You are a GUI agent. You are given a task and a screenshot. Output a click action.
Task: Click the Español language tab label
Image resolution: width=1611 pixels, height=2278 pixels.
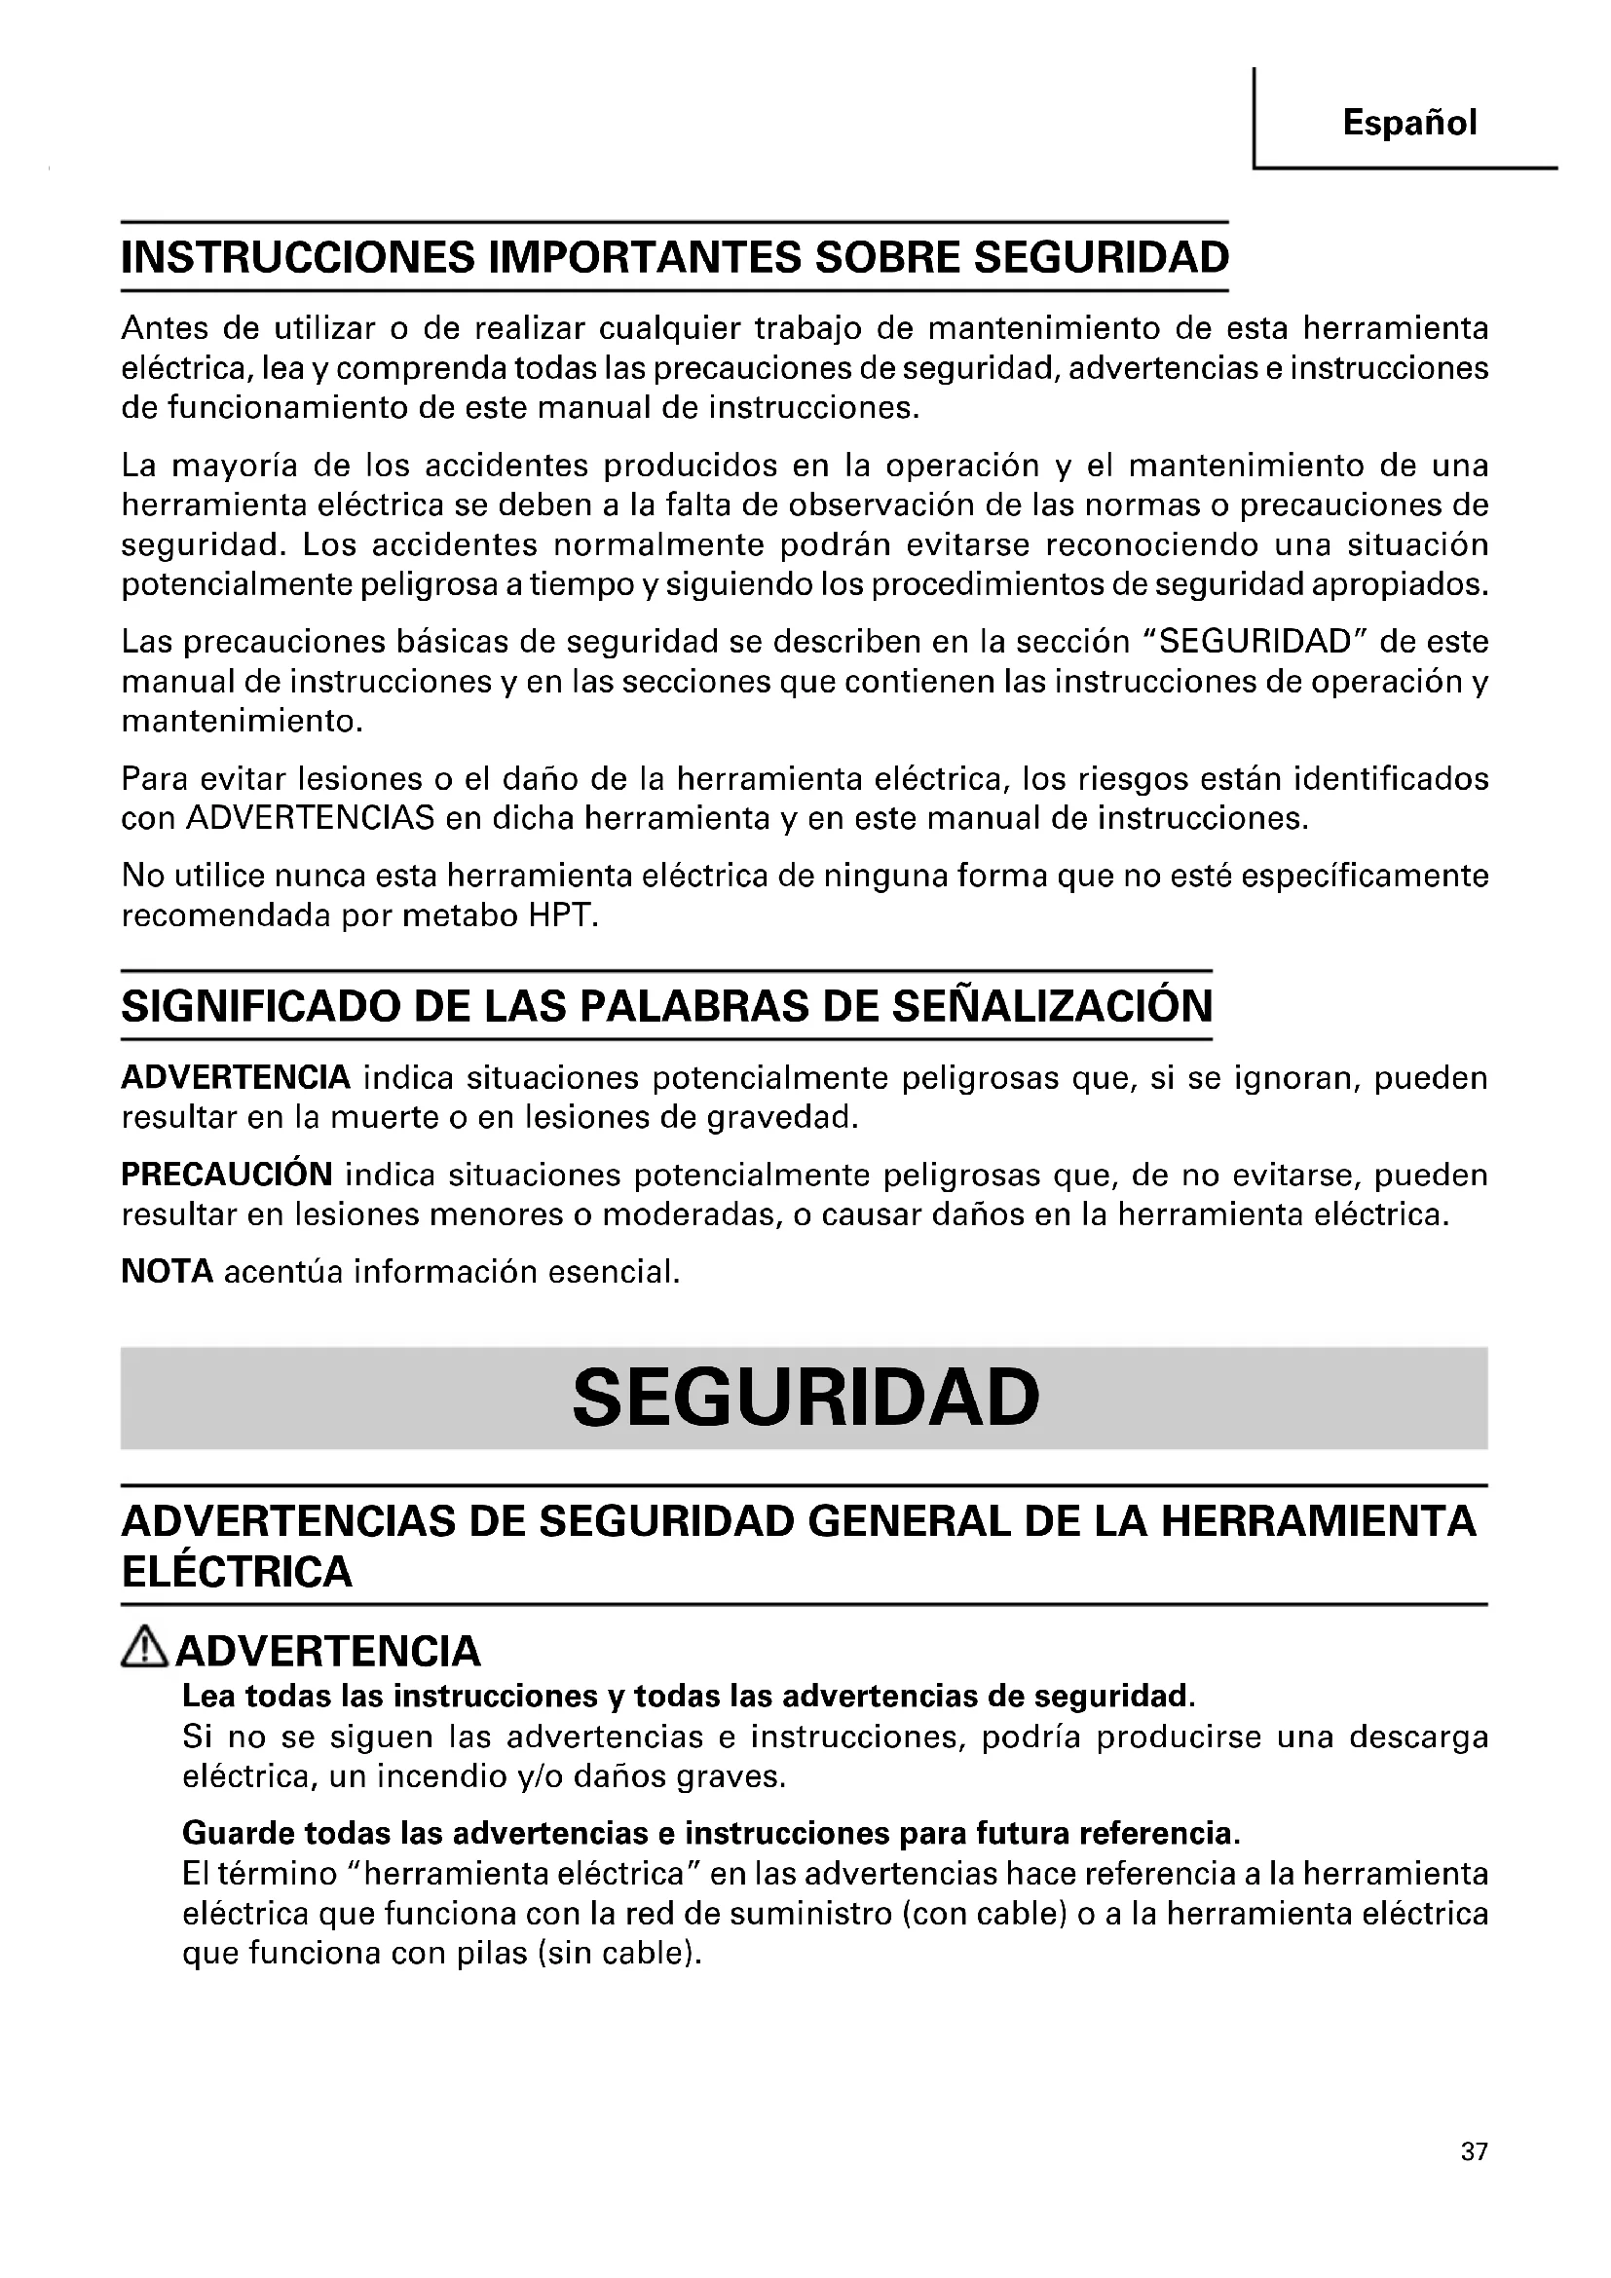coord(1408,123)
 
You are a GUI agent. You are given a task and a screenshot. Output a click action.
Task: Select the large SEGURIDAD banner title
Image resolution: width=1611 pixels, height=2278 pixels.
coord(805,1397)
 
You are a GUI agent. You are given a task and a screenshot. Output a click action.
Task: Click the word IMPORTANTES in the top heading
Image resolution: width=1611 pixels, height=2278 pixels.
coord(647,258)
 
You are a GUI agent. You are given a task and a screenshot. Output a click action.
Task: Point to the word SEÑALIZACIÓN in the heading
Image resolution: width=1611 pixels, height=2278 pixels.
coord(1052,1007)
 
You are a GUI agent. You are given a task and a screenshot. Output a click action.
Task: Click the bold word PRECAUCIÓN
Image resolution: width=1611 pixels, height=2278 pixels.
coord(227,1175)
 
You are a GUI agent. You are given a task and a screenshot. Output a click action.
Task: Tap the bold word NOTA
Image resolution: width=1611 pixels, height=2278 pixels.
coord(167,1272)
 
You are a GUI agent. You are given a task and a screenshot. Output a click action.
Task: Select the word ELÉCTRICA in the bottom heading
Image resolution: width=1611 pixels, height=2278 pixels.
coord(237,1573)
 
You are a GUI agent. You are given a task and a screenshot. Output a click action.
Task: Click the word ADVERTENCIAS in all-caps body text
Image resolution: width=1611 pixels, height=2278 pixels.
coord(310,818)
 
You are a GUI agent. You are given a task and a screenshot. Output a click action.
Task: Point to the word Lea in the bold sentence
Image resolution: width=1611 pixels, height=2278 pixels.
coord(208,1696)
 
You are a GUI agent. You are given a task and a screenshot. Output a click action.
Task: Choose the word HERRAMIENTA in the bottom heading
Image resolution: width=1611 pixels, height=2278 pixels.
coord(1319,1521)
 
